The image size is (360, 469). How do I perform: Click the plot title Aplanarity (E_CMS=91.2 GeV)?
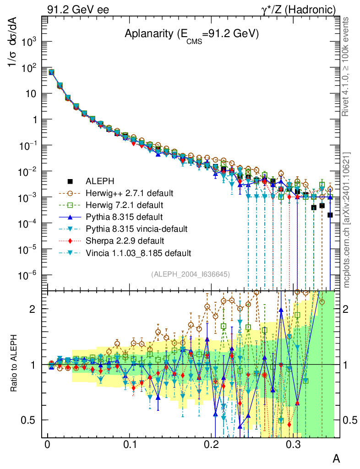(192, 34)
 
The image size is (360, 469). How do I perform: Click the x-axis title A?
(336, 458)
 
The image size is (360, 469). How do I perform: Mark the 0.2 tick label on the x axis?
(211, 444)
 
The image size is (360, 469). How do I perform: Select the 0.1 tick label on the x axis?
(130, 444)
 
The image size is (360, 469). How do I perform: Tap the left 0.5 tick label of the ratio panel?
(31, 420)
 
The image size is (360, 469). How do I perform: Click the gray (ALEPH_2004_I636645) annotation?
(190, 274)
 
